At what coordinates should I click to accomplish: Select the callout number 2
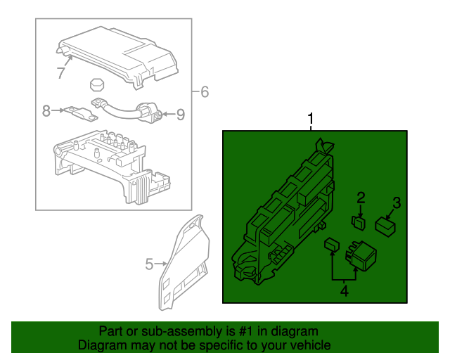(361, 198)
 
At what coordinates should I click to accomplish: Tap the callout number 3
(397, 203)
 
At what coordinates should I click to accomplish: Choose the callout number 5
(149, 264)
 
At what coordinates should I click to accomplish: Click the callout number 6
(205, 91)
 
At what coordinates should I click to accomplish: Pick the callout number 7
(62, 72)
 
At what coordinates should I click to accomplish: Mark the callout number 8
(46, 110)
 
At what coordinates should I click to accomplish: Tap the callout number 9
(180, 114)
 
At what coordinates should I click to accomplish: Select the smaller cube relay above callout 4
(330, 245)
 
